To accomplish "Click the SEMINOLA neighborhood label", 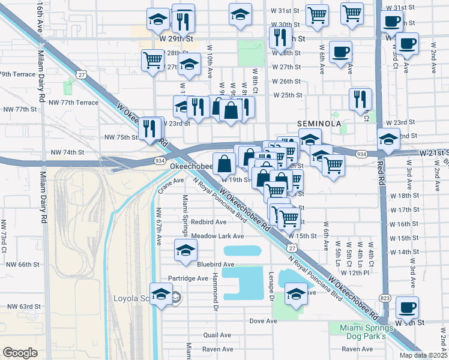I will pyautogui.click(x=319, y=123).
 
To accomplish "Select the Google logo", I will pyautogui.click(x=20, y=353).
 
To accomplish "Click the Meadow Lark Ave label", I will pyautogui.click(x=217, y=236).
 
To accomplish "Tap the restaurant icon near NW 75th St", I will pyautogui.click(x=151, y=128).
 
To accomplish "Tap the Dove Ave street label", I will pyautogui.click(x=264, y=321).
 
